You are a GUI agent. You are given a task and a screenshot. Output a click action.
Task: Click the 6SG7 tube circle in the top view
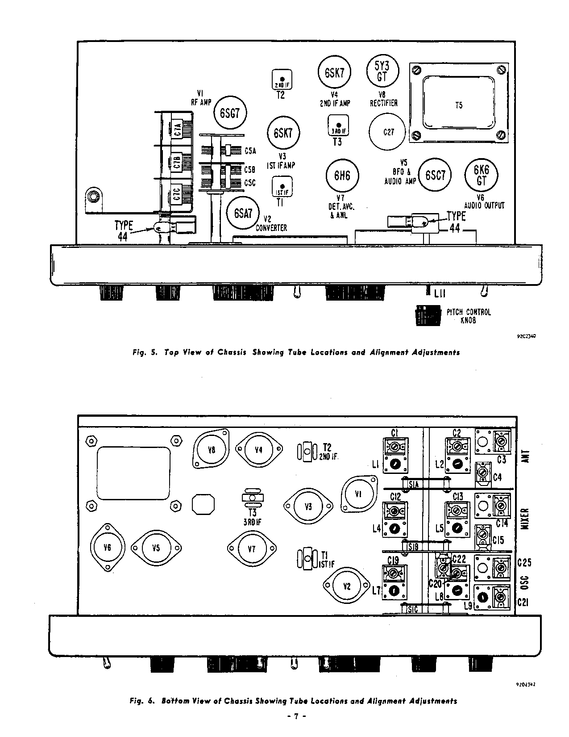point(230,113)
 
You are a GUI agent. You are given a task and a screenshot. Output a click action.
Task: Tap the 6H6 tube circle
point(342,176)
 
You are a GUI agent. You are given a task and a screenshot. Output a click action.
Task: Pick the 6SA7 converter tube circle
point(243,214)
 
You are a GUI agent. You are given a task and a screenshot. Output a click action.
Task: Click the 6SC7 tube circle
point(435,175)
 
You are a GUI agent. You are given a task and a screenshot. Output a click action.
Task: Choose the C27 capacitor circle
point(388,132)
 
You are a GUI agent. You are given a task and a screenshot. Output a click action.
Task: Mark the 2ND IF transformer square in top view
point(282,80)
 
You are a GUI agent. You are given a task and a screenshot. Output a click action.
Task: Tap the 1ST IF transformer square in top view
point(282,186)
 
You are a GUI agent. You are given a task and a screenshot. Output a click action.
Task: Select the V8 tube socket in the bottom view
point(212,450)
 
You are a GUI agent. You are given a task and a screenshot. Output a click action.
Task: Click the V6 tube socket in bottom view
point(107,547)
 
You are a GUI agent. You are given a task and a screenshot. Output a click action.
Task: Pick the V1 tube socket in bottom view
point(359,494)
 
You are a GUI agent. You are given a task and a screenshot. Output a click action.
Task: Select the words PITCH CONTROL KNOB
point(468,316)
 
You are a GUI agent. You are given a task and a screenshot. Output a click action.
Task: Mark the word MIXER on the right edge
point(525,519)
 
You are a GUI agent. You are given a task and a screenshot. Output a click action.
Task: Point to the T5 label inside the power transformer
point(459,105)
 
